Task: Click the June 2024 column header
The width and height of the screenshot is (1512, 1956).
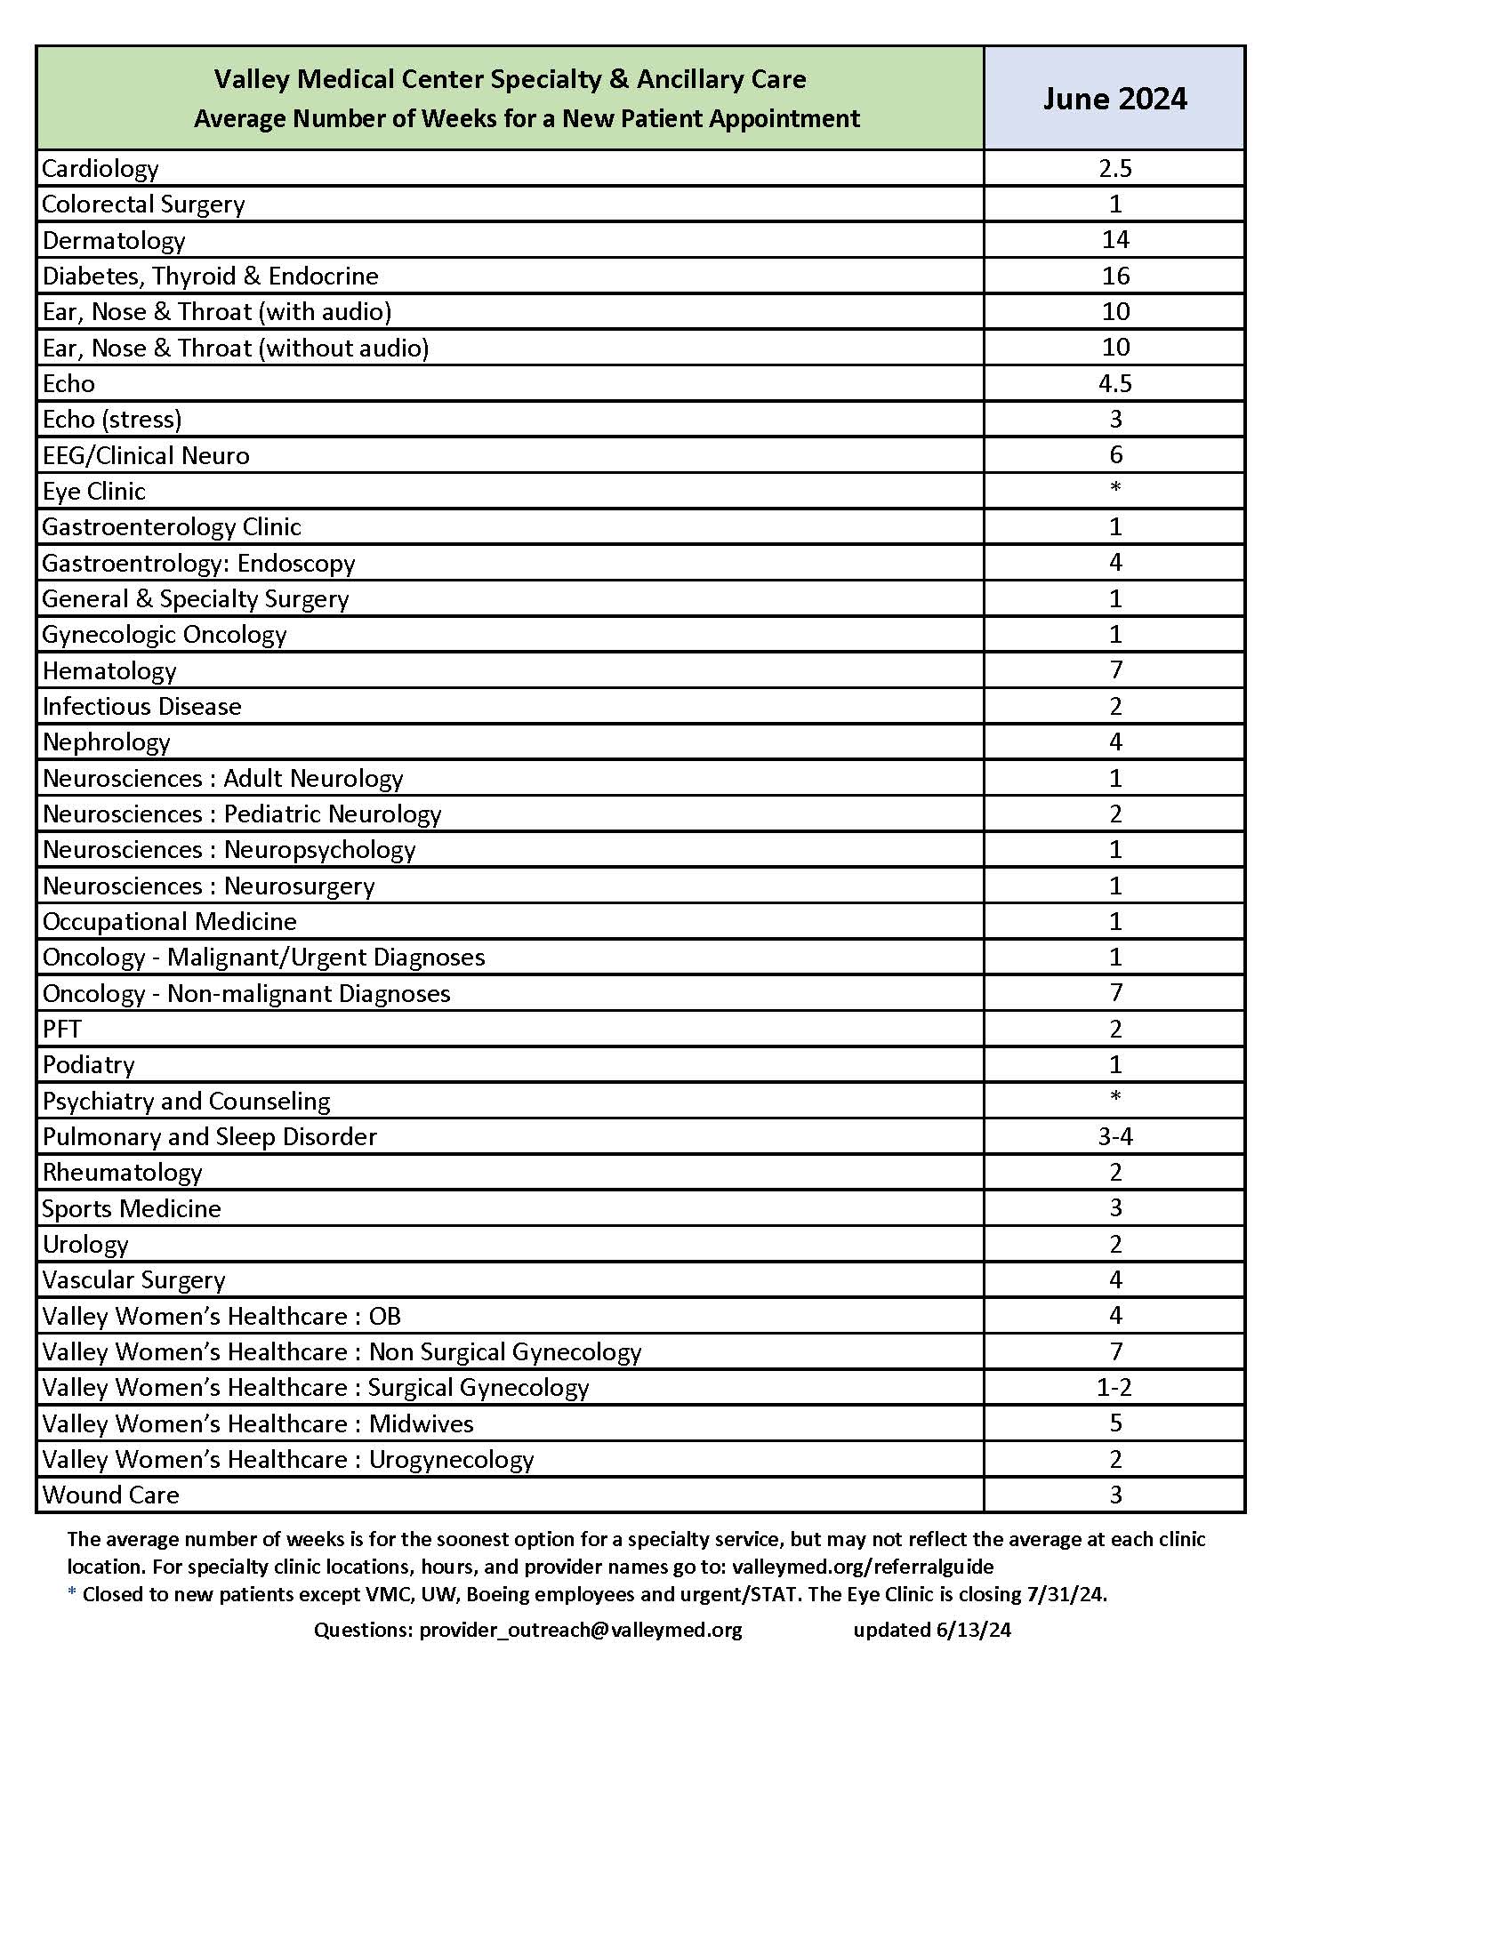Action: (1114, 99)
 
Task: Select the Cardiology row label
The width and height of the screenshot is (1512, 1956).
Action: (101, 168)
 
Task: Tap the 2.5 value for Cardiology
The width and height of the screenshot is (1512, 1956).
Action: (1115, 168)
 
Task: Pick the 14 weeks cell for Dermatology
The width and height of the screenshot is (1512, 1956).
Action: (1115, 240)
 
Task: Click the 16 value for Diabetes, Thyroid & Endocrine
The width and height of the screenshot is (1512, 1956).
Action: (1115, 276)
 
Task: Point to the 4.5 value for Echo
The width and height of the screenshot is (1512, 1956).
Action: (1115, 383)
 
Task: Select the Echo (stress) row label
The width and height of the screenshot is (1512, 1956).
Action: (112, 419)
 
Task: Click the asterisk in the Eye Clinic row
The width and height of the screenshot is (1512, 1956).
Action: (1115, 489)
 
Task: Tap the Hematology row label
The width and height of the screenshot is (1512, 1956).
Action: (109, 670)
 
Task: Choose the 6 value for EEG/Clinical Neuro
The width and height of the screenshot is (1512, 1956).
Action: (1115, 455)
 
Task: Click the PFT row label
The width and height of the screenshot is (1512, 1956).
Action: (61, 1029)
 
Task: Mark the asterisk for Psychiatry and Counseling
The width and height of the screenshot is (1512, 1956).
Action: (1115, 1098)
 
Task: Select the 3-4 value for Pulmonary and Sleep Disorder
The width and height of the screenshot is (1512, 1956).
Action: (1115, 1136)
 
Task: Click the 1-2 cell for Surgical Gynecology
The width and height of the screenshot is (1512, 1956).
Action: (1115, 1387)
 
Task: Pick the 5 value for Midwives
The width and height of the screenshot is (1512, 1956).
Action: (1115, 1423)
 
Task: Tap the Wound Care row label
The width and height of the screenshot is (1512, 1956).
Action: (111, 1495)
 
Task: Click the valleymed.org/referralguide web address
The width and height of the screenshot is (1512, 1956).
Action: (863, 1567)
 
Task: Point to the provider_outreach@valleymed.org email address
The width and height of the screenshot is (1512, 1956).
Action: (581, 1630)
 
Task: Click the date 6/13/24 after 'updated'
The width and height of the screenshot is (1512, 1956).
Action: (974, 1630)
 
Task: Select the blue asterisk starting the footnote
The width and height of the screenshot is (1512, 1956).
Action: (72, 1593)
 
